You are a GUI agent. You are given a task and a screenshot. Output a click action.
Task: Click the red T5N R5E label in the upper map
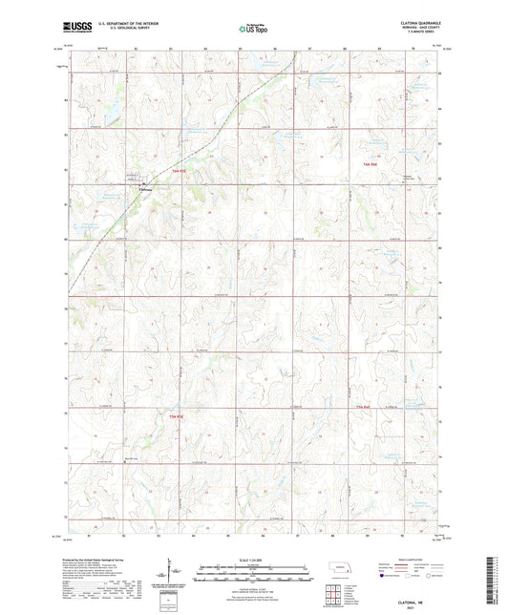click(179, 171)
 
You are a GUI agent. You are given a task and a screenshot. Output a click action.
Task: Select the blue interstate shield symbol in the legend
click(384, 576)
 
